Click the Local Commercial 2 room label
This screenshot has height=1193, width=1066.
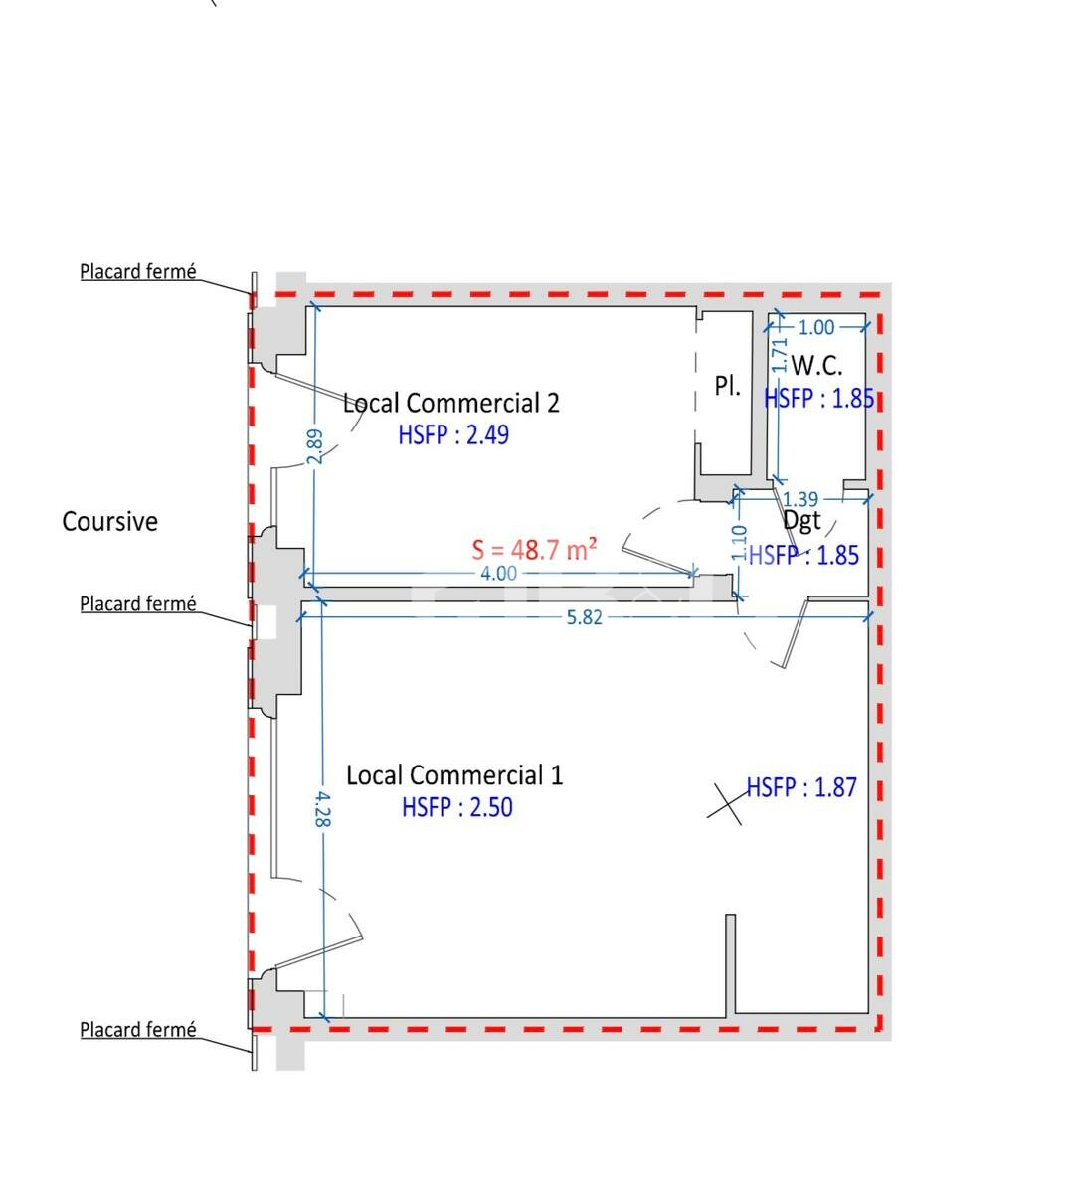click(451, 404)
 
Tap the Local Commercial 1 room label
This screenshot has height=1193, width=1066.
click(454, 774)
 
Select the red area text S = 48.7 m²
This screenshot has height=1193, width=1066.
click(534, 550)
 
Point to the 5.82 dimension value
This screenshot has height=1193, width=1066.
click(585, 617)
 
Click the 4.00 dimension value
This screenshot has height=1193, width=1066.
click(499, 573)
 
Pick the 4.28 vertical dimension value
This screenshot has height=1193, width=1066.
click(323, 809)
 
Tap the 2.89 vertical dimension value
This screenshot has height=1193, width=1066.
click(315, 447)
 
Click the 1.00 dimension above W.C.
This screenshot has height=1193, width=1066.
click(816, 327)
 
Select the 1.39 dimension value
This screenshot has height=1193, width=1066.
click(800, 499)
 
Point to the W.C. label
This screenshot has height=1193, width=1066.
click(816, 366)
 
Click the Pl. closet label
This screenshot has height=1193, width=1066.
click(727, 386)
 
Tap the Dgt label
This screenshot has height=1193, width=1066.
click(801, 521)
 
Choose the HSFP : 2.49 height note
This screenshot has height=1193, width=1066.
click(453, 435)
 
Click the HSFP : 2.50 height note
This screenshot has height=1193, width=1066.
click(457, 807)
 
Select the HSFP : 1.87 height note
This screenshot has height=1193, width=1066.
click(801, 787)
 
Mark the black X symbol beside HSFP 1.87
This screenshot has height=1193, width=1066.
click(724, 804)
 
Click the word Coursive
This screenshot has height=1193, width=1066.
click(109, 522)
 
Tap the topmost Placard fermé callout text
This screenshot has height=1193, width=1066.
click(138, 272)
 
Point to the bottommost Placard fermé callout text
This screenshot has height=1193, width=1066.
click(138, 1030)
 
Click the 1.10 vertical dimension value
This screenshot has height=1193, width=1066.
click(739, 543)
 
